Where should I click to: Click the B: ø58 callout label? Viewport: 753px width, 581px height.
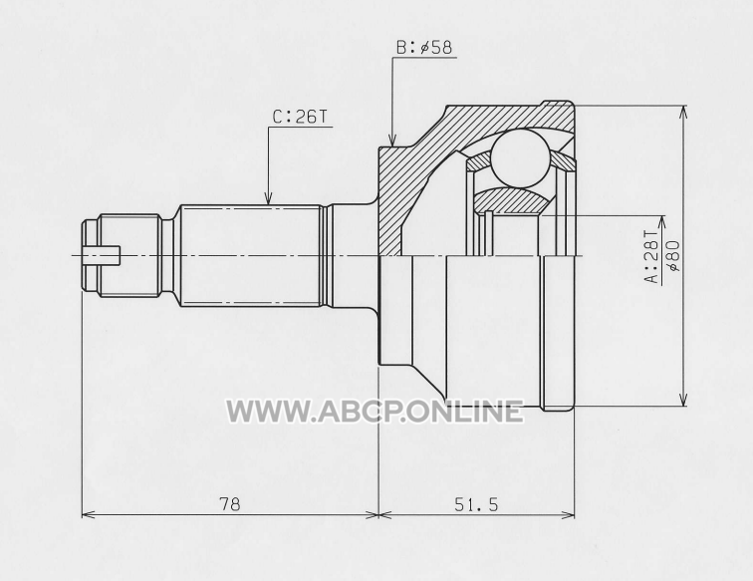(x=424, y=48)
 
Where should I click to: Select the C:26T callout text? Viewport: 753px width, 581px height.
(x=300, y=117)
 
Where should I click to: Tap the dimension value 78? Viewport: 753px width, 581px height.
(x=229, y=504)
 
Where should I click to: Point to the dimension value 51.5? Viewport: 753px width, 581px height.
(x=476, y=504)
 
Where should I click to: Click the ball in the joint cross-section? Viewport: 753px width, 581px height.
(x=520, y=157)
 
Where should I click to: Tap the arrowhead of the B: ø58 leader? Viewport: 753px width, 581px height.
(x=392, y=141)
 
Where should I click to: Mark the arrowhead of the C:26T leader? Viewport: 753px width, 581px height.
(x=269, y=198)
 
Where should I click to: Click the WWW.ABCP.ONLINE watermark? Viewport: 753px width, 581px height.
(x=375, y=412)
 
